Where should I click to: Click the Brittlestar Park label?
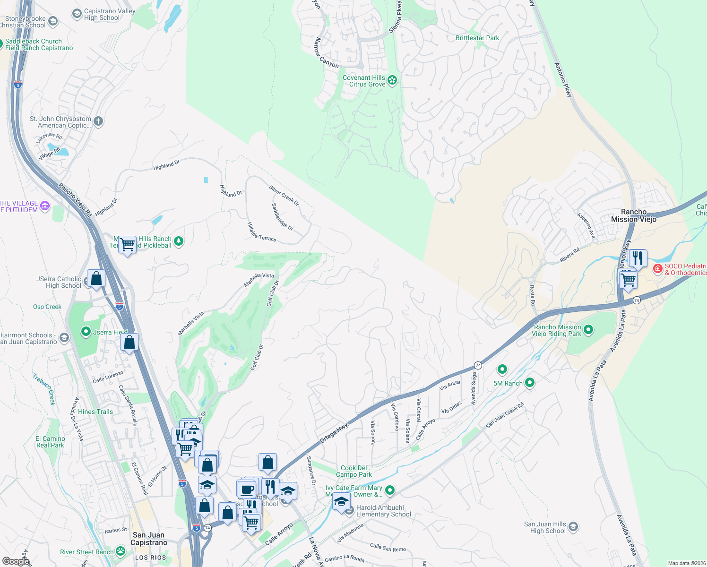click(x=477, y=38)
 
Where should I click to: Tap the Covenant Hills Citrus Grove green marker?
click(x=392, y=80)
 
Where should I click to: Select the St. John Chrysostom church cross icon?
click(x=98, y=121)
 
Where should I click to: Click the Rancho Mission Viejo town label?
click(x=634, y=215)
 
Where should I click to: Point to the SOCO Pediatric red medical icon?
click(x=657, y=269)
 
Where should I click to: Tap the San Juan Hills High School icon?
click(x=573, y=527)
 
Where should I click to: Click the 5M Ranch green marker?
click(x=530, y=383)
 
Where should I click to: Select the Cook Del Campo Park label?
click(x=353, y=471)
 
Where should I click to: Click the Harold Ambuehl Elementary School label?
click(x=383, y=511)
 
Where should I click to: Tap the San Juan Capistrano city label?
click(x=149, y=539)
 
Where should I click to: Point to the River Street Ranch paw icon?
click(x=121, y=551)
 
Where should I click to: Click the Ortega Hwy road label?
click(x=334, y=433)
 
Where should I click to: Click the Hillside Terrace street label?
click(x=262, y=232)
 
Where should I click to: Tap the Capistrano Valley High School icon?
click(x=77, y=14)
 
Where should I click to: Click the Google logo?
click(x=16, y=561)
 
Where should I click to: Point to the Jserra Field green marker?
click(x=86, y=332)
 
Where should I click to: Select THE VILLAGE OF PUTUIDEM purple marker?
click(x=45, y=206)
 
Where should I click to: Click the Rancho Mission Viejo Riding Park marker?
click(x=588, y=330)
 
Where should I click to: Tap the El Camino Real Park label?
click(x=51, y=442)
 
